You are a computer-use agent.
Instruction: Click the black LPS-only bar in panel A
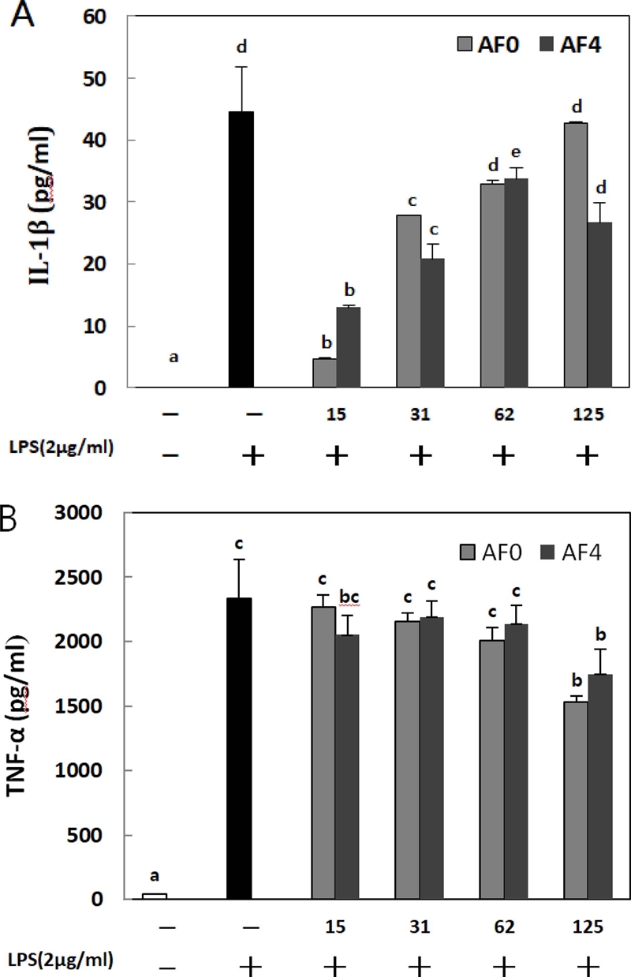(241, 250)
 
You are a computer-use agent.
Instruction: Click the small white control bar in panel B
(154, 896)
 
